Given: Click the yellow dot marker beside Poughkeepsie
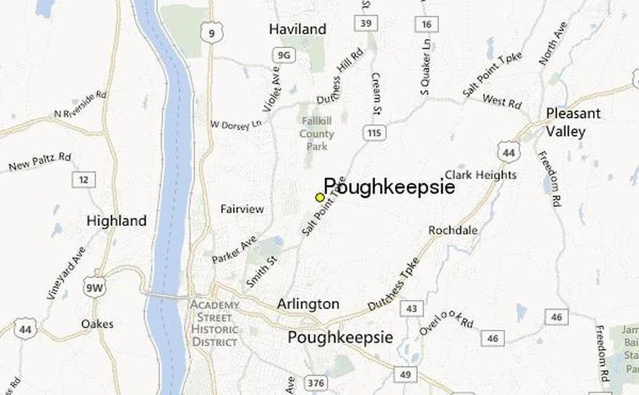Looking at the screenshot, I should coord(319,197).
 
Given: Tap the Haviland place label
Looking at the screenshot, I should coord(297,30).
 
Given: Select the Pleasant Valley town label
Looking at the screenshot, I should coord(573,122).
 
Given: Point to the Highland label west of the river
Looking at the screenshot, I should coord(116,221).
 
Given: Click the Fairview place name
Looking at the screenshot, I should coord(242,209).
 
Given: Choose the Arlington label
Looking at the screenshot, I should coord(308,304).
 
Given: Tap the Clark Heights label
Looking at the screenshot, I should coord(480,174).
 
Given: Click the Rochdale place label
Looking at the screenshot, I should coord(453,230).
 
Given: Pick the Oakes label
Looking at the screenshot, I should coord(97,324).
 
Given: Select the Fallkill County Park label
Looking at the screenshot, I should coord(317,134).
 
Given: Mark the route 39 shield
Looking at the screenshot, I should coord(366,24).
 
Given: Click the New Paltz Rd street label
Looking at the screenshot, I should coord(40,162).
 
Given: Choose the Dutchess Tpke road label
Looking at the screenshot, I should coord(394,289).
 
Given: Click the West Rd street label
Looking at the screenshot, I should coord(502,102).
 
